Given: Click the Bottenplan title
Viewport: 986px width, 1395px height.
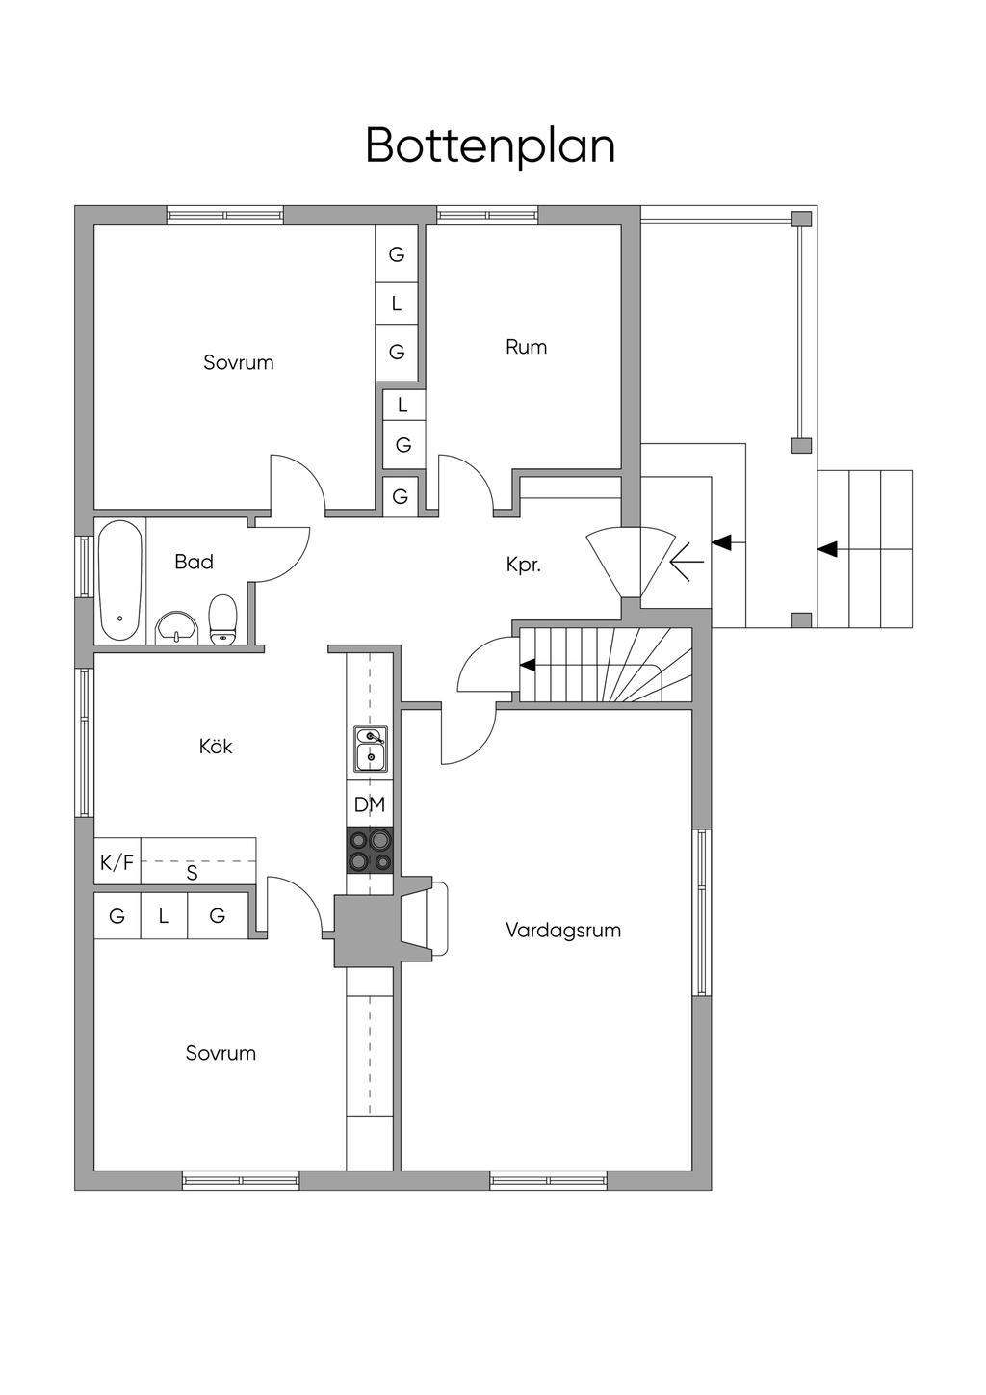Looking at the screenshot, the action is [490, 146].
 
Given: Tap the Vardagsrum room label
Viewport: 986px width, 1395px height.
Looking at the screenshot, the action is [562, 931].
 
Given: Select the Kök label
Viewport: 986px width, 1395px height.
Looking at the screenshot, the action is [216, 746].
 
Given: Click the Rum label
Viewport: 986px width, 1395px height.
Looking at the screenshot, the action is [526, 347].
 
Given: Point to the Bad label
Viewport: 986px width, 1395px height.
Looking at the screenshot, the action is [194, 562].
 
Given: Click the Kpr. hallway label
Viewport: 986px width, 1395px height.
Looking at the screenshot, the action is [523, 565].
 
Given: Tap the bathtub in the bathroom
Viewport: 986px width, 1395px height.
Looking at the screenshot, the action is [119, 580].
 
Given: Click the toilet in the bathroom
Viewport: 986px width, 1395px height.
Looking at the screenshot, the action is [222, 619].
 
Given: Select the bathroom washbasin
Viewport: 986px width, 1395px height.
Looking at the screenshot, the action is [177, 626].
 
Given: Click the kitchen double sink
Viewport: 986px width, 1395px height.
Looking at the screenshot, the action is [371, 749].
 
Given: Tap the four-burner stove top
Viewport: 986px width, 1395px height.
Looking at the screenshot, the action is [371, 851].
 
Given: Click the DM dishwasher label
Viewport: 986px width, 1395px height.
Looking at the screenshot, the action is [370, 804].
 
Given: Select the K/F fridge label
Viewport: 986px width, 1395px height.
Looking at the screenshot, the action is [117, 862].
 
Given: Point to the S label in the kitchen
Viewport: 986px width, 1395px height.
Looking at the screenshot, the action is [192, 873].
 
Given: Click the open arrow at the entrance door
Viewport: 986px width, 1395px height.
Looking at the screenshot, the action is [687, 562].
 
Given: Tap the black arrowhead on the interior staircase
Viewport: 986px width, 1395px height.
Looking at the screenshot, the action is [528, 665].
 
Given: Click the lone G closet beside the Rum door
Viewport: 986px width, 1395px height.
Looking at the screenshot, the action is [401, 496].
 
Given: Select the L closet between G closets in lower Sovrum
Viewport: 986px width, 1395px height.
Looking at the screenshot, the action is [163, 916].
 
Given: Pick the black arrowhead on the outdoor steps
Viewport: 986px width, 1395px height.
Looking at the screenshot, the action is [827, 549].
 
